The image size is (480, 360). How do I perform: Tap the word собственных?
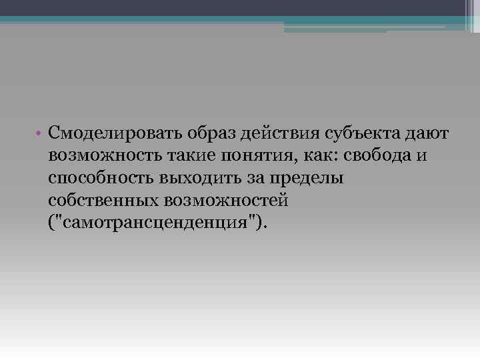pos(107,199)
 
